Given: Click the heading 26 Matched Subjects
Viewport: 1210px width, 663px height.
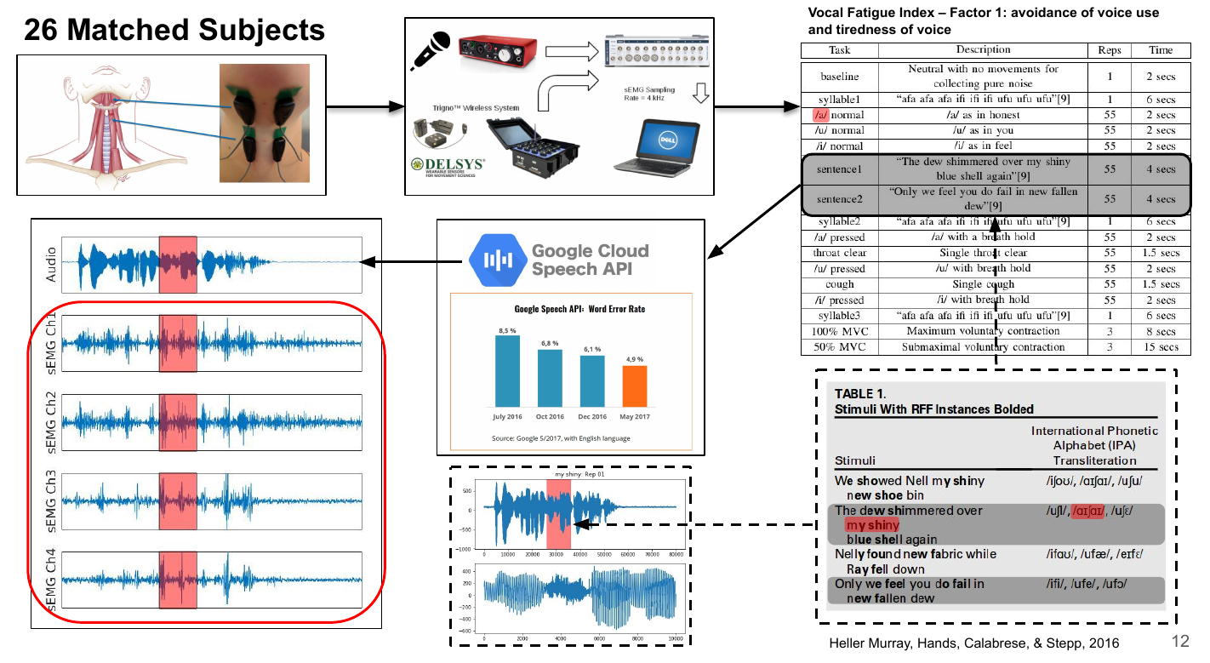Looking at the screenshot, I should click(x=174, y=30).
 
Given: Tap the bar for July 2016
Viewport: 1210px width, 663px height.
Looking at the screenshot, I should click(x=507, y=370).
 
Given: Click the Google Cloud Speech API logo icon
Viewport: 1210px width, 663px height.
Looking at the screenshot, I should click(x=495, y=260).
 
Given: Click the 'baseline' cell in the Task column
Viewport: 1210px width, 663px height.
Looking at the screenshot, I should click(x=839, y=76).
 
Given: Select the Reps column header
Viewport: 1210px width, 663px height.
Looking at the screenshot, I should click(x=1109, y=50).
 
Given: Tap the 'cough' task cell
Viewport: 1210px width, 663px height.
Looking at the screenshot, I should click(x=839, y=284).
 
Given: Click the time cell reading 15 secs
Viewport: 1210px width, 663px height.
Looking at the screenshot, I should click(x=1161, y=346).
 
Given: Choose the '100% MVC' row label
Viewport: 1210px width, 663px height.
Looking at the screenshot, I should click(x=839, y=331).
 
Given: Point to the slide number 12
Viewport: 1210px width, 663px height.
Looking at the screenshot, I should click(x=1179, y=641).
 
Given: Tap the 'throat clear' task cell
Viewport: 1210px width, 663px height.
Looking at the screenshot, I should click(x=839, y=253).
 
